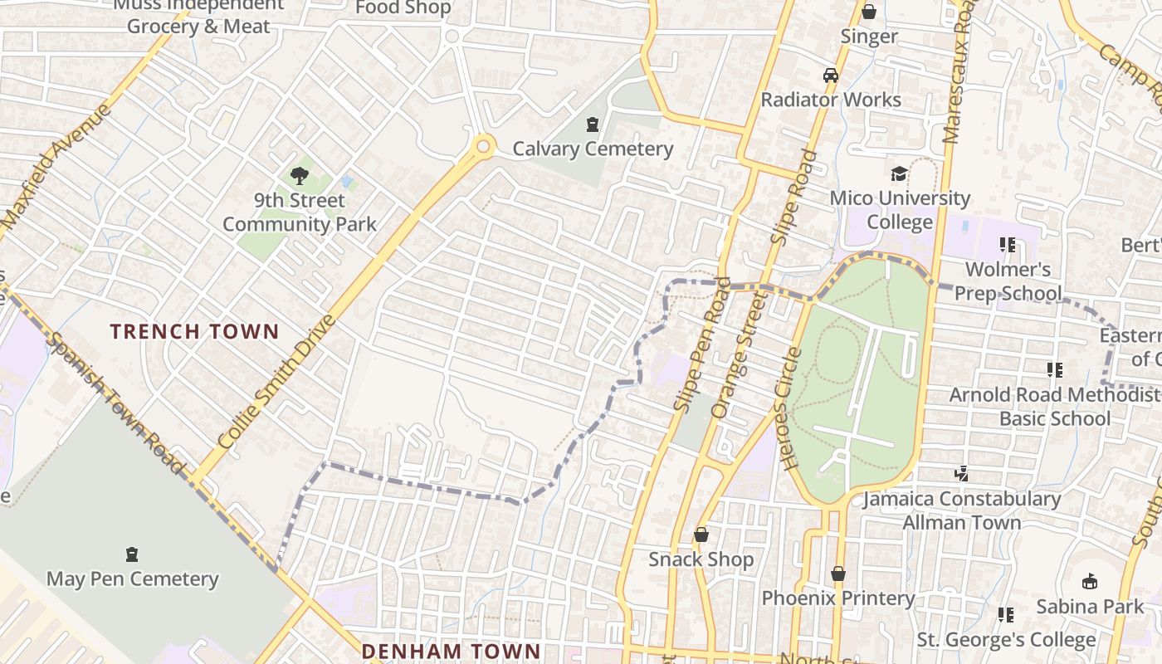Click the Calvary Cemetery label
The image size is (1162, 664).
[x=593, y=149]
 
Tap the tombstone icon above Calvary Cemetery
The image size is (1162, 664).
[x=592, y=125]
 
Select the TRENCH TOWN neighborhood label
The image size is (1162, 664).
[x=194, y=332]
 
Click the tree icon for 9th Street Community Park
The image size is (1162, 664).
[x=299, y=175]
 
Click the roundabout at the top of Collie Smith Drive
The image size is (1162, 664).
[x=482, y=148]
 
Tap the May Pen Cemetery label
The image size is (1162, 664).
[x=132, y=579]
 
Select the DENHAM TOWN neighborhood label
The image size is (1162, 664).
[x=451, y=652]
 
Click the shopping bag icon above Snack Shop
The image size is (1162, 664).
[x=701, y=535]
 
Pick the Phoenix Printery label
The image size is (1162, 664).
[x=838, y=598]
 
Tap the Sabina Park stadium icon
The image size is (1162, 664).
[x=1090, y=582]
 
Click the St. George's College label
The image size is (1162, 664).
[x=1006, y=640]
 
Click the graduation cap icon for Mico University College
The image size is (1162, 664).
[x=899, y=173]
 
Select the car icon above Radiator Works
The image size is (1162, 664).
[x=831, y=76]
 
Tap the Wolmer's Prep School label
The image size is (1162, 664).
[x=1008, y=281]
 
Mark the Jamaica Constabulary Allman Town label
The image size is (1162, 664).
[x=962, y=510]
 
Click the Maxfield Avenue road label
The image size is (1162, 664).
[x=56, y=166]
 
